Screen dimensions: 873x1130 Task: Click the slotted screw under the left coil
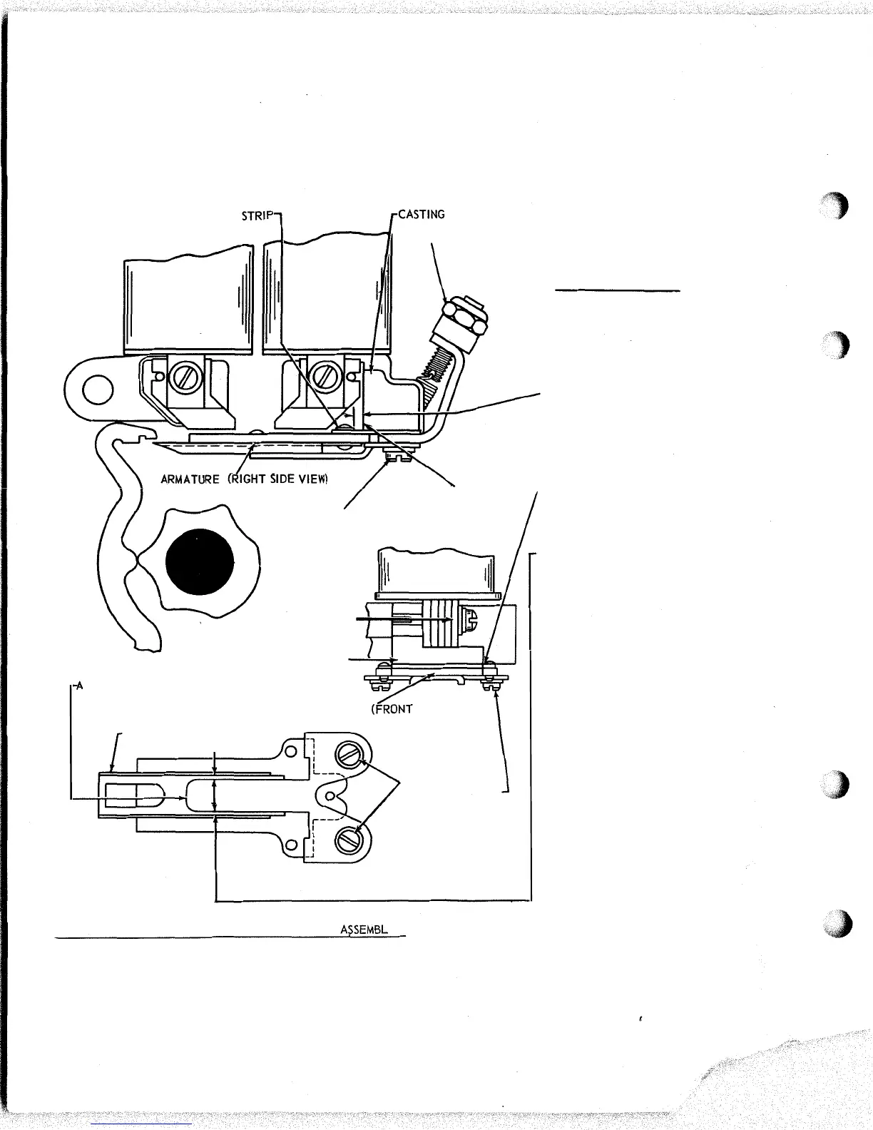[176, 377]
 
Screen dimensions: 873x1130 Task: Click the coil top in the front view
[436, 571]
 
